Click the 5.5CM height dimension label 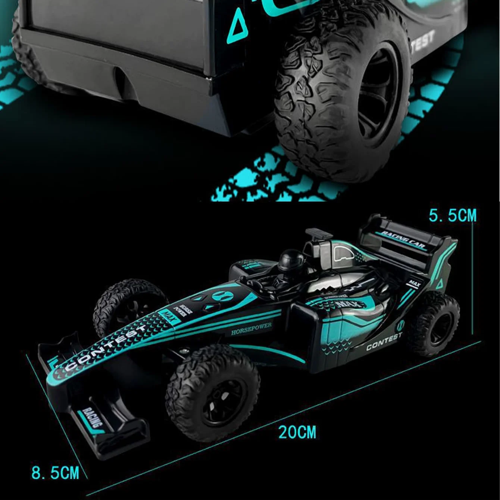tap(452, 216)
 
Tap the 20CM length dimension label tap(297, 432)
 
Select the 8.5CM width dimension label tap(55, 473)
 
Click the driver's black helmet tap(288, 257)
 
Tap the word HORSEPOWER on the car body tap(251, 329)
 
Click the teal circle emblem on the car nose tap(223, 297)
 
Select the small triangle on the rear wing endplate tap(440, 284)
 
